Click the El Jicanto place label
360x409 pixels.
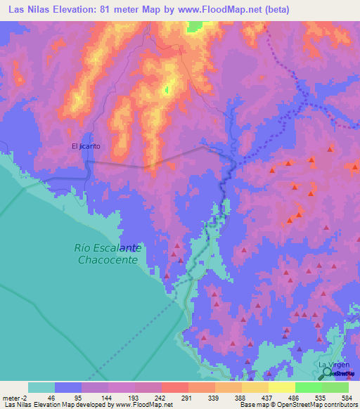(x=86, y=146)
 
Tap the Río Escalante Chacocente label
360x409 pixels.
(x=108, y=254)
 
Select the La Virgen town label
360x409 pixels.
(x=333, y=366)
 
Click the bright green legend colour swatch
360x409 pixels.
(x=308, y=387)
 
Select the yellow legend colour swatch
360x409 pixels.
(x=281, y=387)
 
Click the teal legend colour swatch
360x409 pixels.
(x=41, y=387)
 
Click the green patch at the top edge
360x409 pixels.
(x=195, y=27)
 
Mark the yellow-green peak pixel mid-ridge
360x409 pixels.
(x=167, y=89)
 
